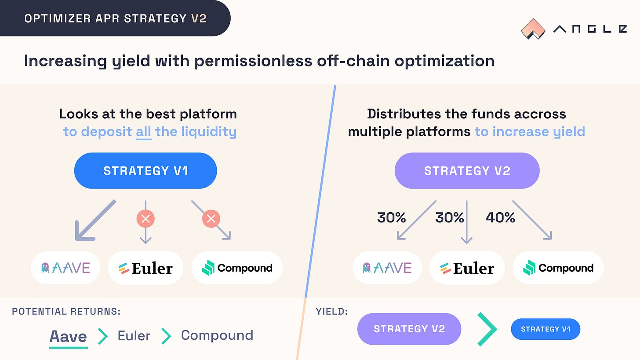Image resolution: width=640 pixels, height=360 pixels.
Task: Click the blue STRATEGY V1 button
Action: coord(145,171)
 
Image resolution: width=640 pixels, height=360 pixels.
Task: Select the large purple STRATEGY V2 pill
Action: coord(467,171)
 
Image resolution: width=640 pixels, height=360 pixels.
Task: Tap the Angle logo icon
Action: coord(533,29)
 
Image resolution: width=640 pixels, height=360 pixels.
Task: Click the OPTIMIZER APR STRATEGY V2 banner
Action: coord(115,18)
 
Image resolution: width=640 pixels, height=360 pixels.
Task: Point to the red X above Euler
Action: coord(145,218)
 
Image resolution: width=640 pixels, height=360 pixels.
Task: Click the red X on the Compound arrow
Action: coord(211,218)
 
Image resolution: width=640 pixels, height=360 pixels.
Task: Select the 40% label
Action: coord(500,217)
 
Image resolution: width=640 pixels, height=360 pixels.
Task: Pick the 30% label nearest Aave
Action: coord(391,217)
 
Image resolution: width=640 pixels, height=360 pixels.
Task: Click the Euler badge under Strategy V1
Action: coord(145,268)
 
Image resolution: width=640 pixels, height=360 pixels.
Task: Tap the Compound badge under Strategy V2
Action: coord(558,268)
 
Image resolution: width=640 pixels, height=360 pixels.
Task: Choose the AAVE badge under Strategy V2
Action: coord(387,268)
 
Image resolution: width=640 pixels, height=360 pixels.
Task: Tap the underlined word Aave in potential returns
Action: coord(68,336)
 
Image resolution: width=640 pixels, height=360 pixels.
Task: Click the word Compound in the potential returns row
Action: coord(217,335)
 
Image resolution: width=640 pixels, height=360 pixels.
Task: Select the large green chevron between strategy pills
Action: coord(487,329)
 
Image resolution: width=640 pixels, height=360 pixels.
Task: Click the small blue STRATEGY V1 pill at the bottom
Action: coord(545,329)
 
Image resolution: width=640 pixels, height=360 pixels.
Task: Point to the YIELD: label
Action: coord(332,312)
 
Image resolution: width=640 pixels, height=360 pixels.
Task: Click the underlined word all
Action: coord(144,131)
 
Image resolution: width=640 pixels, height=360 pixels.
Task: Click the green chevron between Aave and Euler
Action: coord(102,336)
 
